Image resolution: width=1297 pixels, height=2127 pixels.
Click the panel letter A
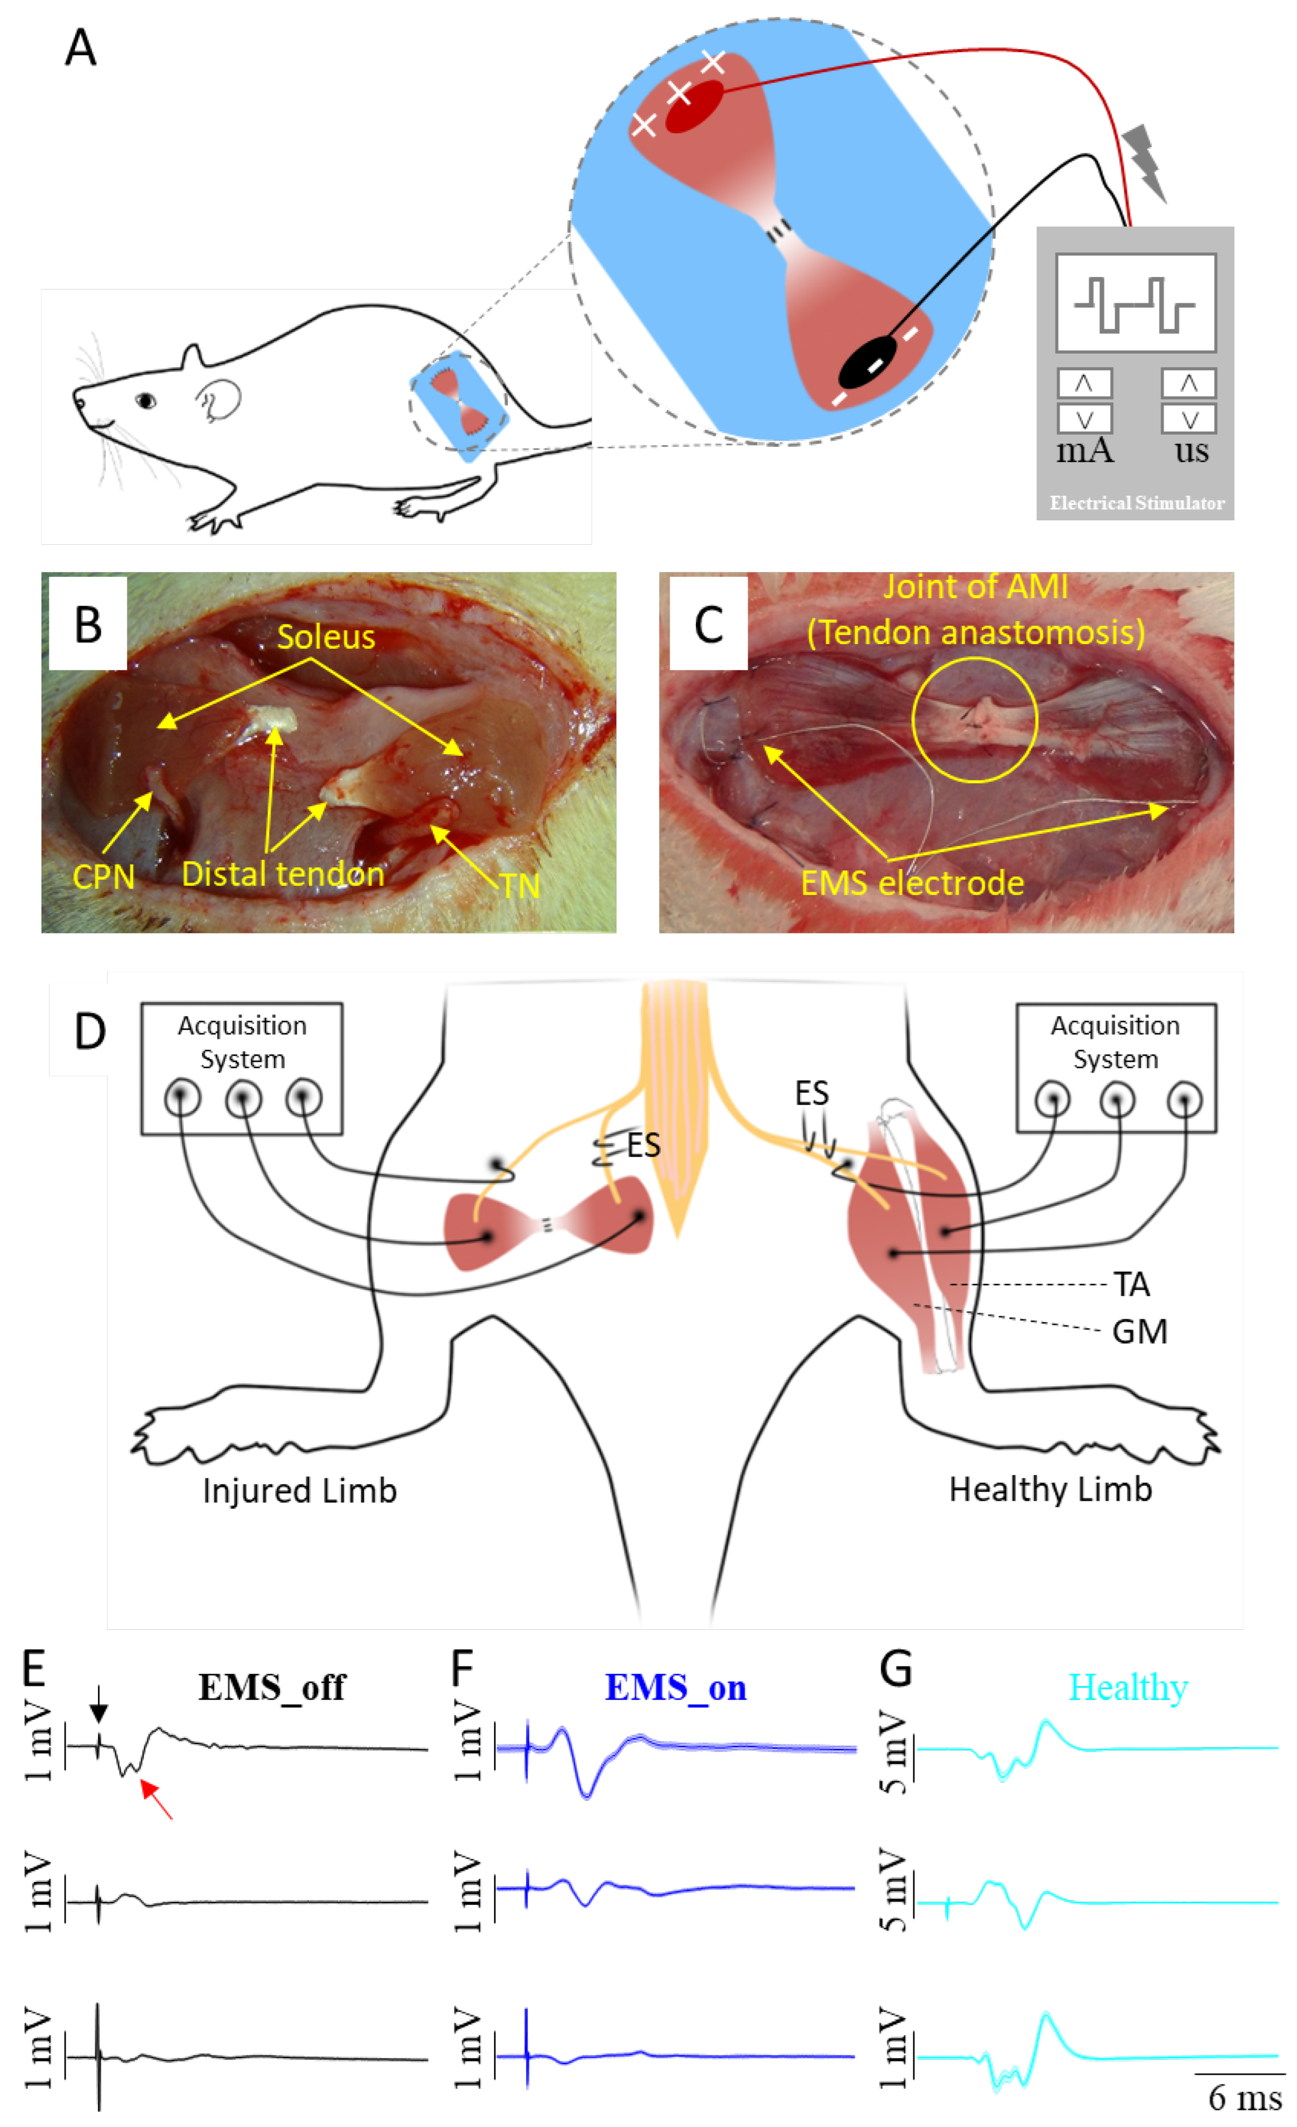tap(80, 48)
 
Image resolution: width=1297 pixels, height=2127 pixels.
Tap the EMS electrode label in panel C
tap(912, 883)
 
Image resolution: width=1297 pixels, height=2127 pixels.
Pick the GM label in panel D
tap(1139, 1332)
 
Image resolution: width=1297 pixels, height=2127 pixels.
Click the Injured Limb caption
tap(299, 1491)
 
